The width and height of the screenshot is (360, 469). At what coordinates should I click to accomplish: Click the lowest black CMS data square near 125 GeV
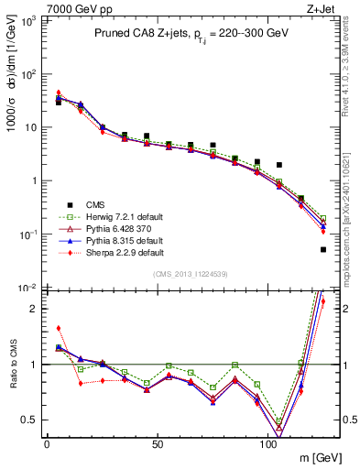[x=323, y=249]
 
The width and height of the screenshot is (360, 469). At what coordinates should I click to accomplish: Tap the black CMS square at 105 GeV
[x=279, y=165]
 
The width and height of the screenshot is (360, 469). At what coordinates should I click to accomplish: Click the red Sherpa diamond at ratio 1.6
[x=59, y=328]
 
